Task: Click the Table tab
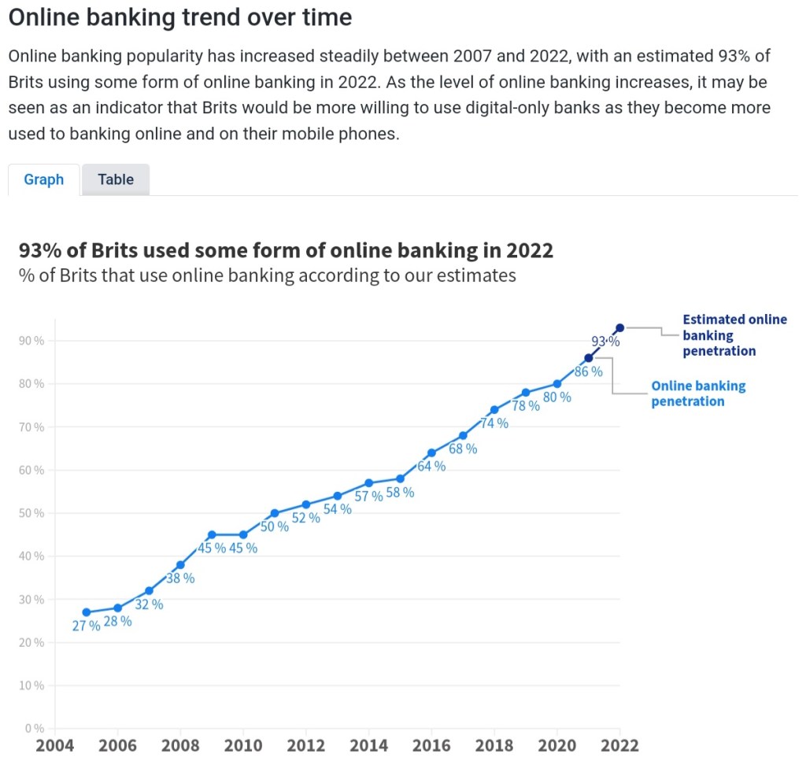116,179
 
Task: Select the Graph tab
44,179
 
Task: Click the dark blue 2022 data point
620,327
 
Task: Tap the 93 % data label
605,342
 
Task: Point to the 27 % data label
86,626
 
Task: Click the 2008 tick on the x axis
180,745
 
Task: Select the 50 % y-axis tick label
32,513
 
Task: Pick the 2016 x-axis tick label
431,745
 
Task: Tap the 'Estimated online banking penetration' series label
734,335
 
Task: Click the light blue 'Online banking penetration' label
697,394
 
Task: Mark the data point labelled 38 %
180,565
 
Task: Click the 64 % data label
431,466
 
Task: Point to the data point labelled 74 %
494,409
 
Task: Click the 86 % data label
588,371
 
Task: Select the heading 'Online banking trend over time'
180,17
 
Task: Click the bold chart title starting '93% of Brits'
286,250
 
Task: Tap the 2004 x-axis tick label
54,745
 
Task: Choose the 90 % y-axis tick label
32,341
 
